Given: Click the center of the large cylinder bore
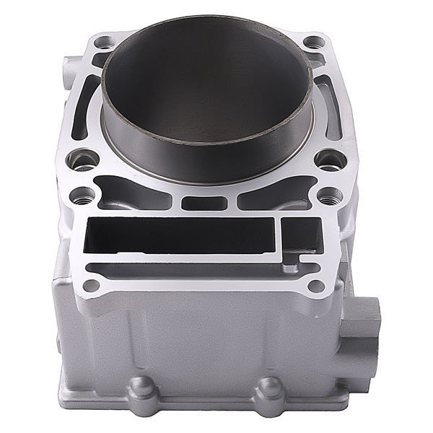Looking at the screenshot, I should click(207, 94).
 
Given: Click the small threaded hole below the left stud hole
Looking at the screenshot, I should click(83, 195).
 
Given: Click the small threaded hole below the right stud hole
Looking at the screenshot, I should click(331, 194).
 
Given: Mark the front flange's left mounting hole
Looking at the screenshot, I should click(91, 285).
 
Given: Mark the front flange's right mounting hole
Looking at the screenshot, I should click(315, 285).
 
